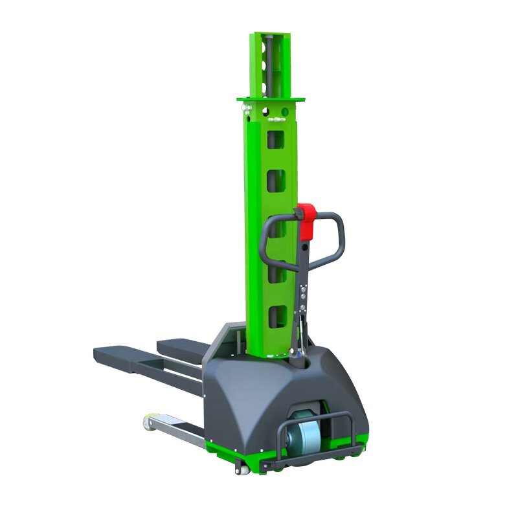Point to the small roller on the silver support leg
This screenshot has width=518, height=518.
coord(148,422)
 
